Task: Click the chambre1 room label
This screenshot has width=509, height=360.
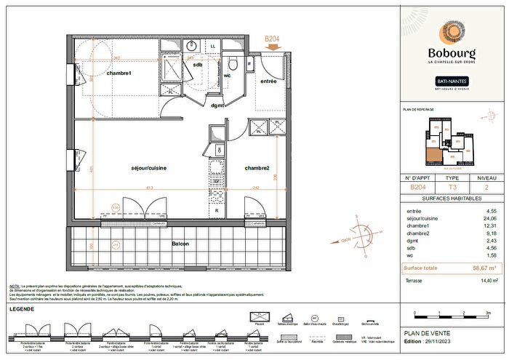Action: (118, 73)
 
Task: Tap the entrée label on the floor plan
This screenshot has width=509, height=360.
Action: (268, 81)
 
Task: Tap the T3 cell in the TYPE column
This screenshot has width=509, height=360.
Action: (452, 187)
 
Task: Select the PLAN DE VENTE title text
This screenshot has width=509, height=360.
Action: (422, 333)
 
